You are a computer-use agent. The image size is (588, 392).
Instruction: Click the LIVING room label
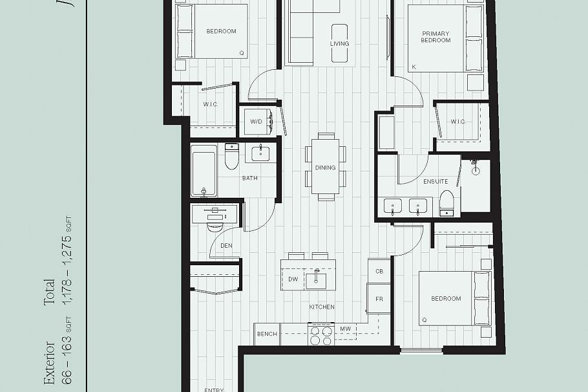pyautogui.click(x=339, y=44)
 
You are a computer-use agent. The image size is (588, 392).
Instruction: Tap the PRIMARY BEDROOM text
pyautogui.click(x=436, y=37)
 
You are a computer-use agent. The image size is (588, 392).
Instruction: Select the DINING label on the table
pyautogui.click(x=325, y=168)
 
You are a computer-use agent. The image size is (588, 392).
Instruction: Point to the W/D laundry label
pyautogui.click(x=257, y=122)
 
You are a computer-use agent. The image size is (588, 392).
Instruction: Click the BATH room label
pyautogui.click(x=250, y=178)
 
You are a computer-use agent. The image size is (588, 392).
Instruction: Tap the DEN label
pyautogui.click(x=226, y=246)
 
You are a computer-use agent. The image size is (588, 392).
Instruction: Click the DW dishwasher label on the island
pyautogui.click(x=293, y=279)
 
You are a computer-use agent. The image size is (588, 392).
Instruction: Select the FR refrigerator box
pyautogui.click(x=379, y=299)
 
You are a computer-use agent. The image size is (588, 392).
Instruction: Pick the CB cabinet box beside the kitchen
pyautogui.click(x=379, y=272)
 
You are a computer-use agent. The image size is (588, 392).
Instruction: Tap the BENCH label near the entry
pyautogui.click(x=267, y=334)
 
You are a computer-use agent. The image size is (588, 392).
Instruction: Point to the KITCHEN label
pyautogui.click(x=321, y=307)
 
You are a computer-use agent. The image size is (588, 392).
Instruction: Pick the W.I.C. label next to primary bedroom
pyautogui.click(x=458, y=122)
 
